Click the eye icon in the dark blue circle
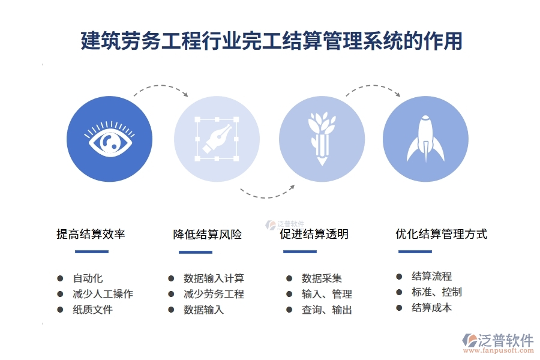tap(109, 139)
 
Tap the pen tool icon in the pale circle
tap(217, 139)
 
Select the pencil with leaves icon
tap(322, 138)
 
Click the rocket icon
tap(425, 139)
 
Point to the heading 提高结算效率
tap(91, 234)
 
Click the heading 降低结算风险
tap(208, 235)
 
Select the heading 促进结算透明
tap(314, 234)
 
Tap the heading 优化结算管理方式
tap(441, 234)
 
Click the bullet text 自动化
tap(88, 278)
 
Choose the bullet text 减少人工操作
tap(103, 294)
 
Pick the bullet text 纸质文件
tap(93, 310)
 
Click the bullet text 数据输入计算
tap(214, 278)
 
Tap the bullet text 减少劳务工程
tap(214, 294)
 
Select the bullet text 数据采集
tap(322, 278)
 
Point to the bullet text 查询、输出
tap(326, 310)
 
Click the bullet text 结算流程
tap(431, 277)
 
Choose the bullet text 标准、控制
tap(436, 292)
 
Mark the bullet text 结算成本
tap(431, 308)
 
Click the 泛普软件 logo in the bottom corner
tap(498, 342)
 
